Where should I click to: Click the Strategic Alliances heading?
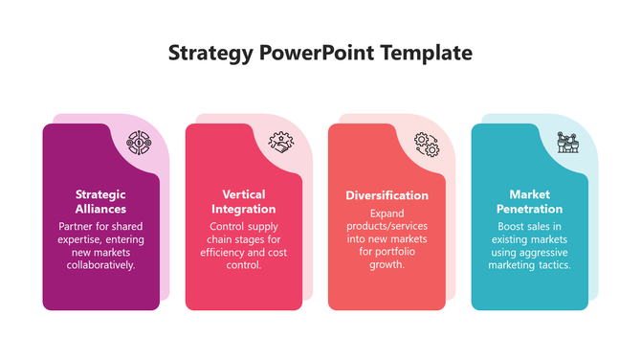[x=100, y=201]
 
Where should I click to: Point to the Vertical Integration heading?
[x=243, y=201]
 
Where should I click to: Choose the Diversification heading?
[x=387, y=195]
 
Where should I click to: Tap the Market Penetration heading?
[x=529, y=201]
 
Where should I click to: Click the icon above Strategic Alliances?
[x=140, y=144]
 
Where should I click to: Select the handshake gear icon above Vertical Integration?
[x=282, y=144]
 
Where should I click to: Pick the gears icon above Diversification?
[x=426, y=144]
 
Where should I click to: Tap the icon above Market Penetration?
[x=569, y=144]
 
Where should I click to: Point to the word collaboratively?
[x=100, y=264]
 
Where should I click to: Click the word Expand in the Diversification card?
[x=387, y=214]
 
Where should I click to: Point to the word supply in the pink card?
[x=256, y=227]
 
